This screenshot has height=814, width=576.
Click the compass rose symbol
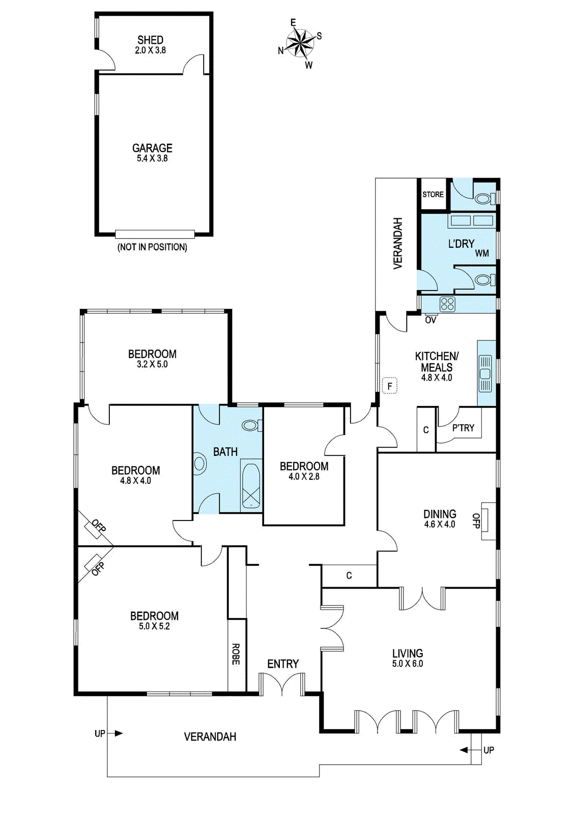(300, 44)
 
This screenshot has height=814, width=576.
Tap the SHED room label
(150, 40)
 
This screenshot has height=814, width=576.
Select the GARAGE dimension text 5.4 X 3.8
(152, 158)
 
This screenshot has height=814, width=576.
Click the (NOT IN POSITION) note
(152, 247)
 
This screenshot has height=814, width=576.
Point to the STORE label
(433, 194)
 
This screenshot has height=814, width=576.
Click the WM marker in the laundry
(482, 253)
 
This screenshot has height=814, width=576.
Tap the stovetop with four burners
(447, 305)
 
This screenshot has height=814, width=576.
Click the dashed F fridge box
(390, 386)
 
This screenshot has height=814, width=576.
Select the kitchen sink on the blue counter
(485, 373)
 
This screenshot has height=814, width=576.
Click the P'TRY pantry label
(464, 428)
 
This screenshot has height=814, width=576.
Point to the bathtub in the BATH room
(250, 486)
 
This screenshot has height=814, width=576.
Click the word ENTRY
(283, 664)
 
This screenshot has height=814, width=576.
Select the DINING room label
(440, 514)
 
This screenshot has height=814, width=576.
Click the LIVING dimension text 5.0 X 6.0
(408, 663)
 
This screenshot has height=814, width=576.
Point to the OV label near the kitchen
(430, 320)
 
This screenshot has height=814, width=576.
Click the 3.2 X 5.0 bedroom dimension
(152, 364)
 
